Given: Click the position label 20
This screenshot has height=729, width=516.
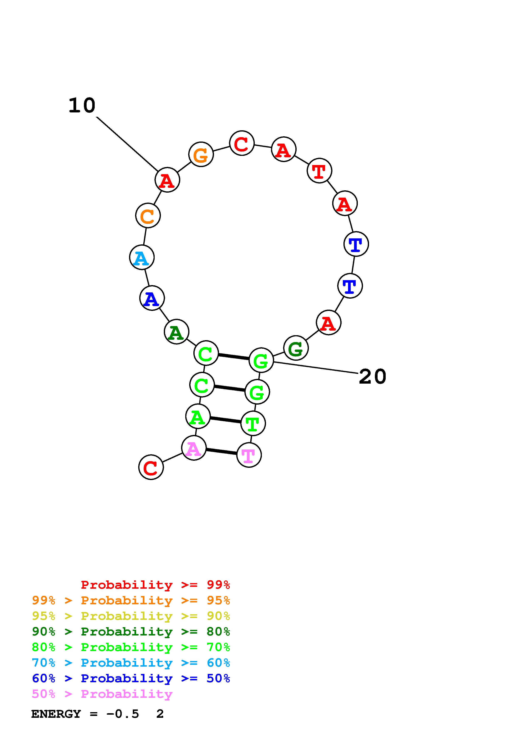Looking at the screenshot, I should [372, 377].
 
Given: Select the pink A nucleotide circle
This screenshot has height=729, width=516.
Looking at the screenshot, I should [194, 448].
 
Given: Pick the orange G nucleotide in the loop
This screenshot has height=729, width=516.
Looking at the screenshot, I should [201, 154].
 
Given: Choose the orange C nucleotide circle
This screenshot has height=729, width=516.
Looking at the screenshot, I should [148, 216].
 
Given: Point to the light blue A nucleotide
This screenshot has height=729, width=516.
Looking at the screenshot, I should [142, 257].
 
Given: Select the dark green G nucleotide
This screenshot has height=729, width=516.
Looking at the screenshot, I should [296, 348].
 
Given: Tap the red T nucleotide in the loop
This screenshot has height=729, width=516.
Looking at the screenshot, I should [319, 171].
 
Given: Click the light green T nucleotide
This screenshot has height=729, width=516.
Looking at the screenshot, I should [253, 423].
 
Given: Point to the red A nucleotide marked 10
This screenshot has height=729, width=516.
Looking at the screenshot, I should [167, 180].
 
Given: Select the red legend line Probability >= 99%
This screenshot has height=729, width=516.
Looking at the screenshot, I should [155, 585].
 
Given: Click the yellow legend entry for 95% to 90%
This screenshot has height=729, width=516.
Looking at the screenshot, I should [131, 616].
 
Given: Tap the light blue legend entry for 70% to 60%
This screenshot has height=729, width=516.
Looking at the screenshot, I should [131, 663].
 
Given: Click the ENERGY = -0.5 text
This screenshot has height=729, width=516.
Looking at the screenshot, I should [85, 714].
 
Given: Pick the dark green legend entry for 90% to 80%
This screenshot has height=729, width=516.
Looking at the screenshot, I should [131, 632].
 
